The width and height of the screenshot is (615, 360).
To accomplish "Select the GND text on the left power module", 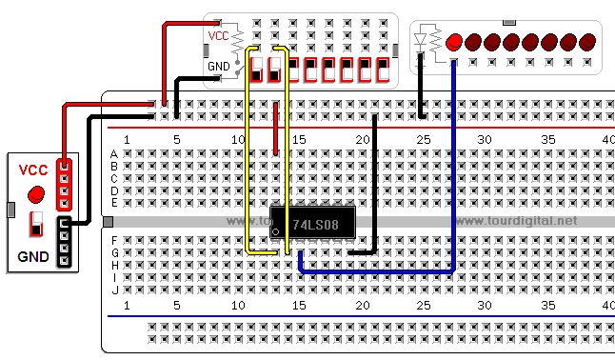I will click(x=34, y=255).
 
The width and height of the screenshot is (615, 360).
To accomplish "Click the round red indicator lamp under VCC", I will click(x=37, y=194).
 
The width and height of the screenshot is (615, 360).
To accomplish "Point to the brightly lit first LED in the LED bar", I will click(x=454, y=42).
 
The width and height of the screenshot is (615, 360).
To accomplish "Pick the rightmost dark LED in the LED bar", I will click(x=587, y=42).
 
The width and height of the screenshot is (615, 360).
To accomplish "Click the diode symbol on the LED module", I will click(x=422, y=41).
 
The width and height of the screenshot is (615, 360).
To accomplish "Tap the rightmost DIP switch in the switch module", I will click(x=383, y=70).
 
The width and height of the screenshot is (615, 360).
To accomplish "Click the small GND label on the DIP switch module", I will click(x=218, y=67).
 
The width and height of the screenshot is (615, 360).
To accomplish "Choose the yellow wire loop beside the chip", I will click(x=249, y=152).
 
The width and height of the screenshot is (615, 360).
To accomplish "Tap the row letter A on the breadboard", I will click(x=114, y=153).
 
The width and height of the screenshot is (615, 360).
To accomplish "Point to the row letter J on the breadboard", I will click(x=114, y=290).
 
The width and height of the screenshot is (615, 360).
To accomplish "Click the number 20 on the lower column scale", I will click(x=363, y=305).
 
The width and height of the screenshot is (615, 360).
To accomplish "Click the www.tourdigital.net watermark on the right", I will click(x=516, y=221).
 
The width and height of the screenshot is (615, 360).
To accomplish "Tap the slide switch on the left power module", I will click(x=37, y=226).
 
